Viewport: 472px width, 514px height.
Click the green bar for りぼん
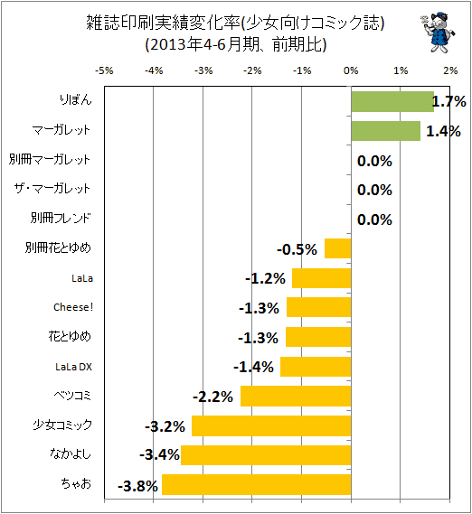coord(392,101)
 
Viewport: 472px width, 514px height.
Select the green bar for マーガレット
coord(386,131)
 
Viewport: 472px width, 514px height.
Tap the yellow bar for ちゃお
coord(257,484)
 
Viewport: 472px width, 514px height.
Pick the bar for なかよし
coord(266,455)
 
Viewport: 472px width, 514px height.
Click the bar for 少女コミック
coord(271,425)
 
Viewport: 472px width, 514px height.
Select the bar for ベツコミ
coord(296,396)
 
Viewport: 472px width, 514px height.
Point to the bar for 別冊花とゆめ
coord(338,248)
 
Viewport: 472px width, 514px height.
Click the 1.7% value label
coord(448,101)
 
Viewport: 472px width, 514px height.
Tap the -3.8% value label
coord(137,486)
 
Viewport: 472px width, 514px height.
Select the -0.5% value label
coord(297,249)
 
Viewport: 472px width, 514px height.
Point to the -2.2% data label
coord(213,397)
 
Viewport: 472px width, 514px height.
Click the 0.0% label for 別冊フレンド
coord(374,220)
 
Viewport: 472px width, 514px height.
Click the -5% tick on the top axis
coord(104,70)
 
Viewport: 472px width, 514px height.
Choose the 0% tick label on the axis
coord(351,70)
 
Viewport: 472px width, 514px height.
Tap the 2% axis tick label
coord(450,70)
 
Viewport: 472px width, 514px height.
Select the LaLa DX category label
coord(74,367)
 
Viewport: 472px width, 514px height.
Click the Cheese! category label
coord(73,307)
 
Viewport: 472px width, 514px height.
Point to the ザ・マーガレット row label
coord(52,189)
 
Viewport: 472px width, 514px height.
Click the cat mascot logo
coord(438,33)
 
